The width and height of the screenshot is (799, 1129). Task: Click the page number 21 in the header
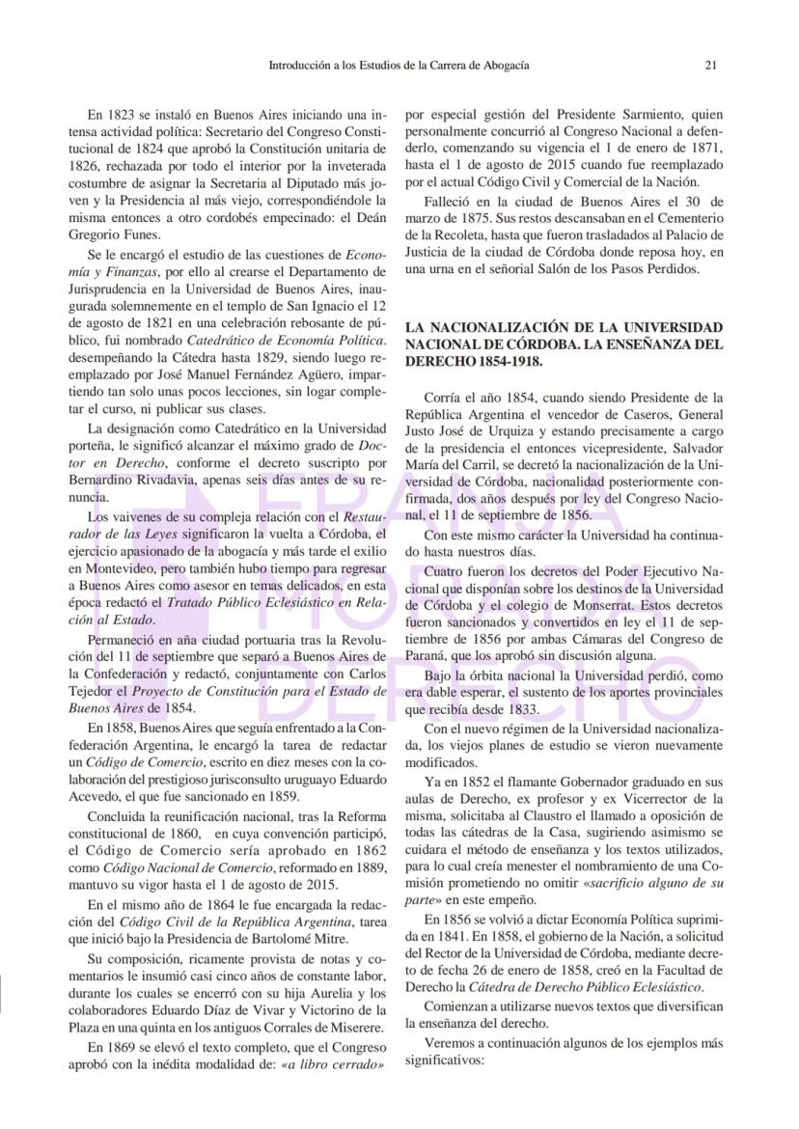(x=709, y=66)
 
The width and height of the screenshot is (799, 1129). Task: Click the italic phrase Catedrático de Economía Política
(x=289, y=341)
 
